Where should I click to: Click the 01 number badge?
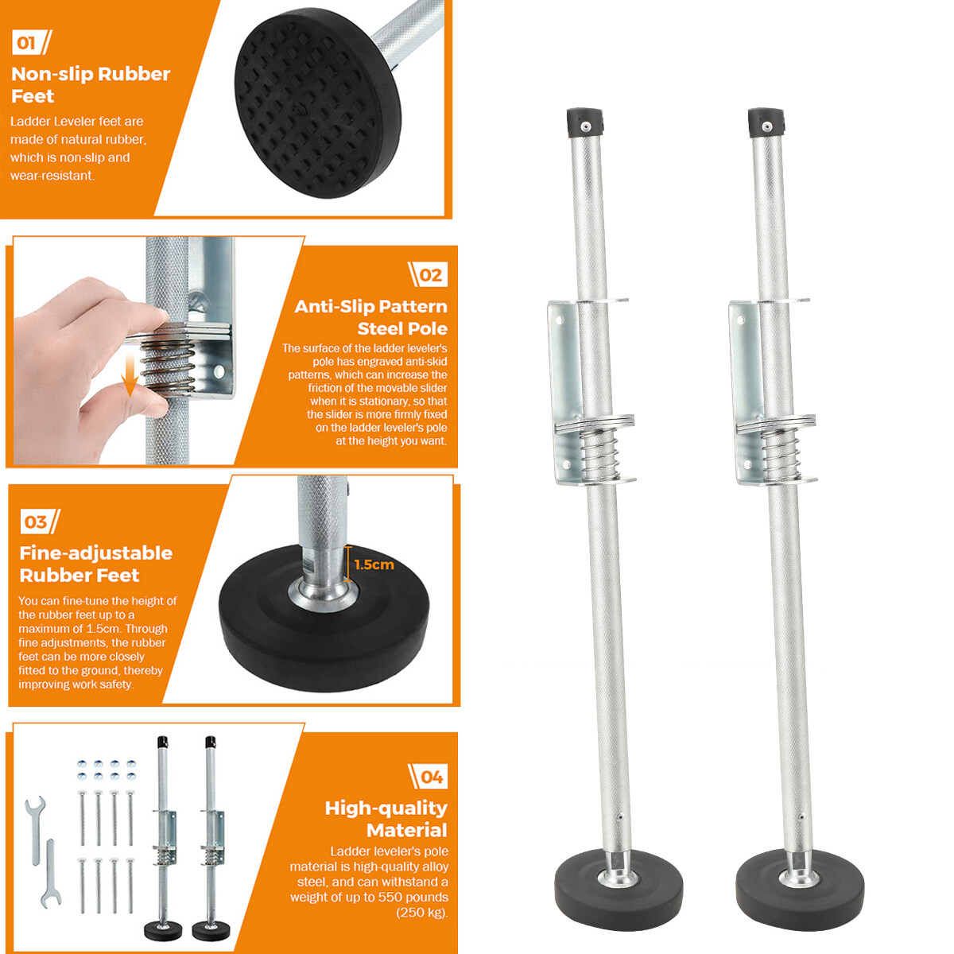(x=31, y=43)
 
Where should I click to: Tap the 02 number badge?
(x=428, y=275)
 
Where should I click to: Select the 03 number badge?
(x=40, y=522)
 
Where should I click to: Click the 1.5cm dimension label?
(x=374, y=564)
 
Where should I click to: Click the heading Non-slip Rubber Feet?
(x=91, y=84)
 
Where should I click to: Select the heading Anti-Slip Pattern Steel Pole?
(x=370, y=317)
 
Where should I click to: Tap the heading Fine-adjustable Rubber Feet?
(x=95, y=564)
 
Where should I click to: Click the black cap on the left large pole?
(x=585, y=122)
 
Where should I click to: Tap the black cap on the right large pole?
(x=766, y=122)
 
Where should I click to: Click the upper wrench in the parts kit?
(x=35, y=831)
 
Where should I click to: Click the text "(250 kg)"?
(x=422, y=912)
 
